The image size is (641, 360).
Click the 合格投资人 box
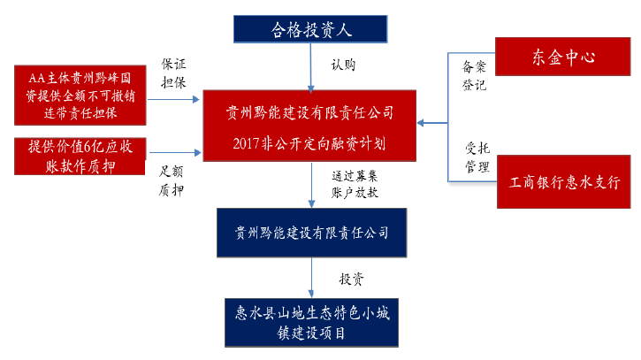coord(311,29)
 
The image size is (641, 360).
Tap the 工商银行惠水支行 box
coord(564,182)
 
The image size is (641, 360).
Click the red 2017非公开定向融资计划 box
coord(310,127)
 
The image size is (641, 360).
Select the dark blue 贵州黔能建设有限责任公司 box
coord(311,234)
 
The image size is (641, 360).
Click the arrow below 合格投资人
coord(311,65)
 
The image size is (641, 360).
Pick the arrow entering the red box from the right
coord(433,123)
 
